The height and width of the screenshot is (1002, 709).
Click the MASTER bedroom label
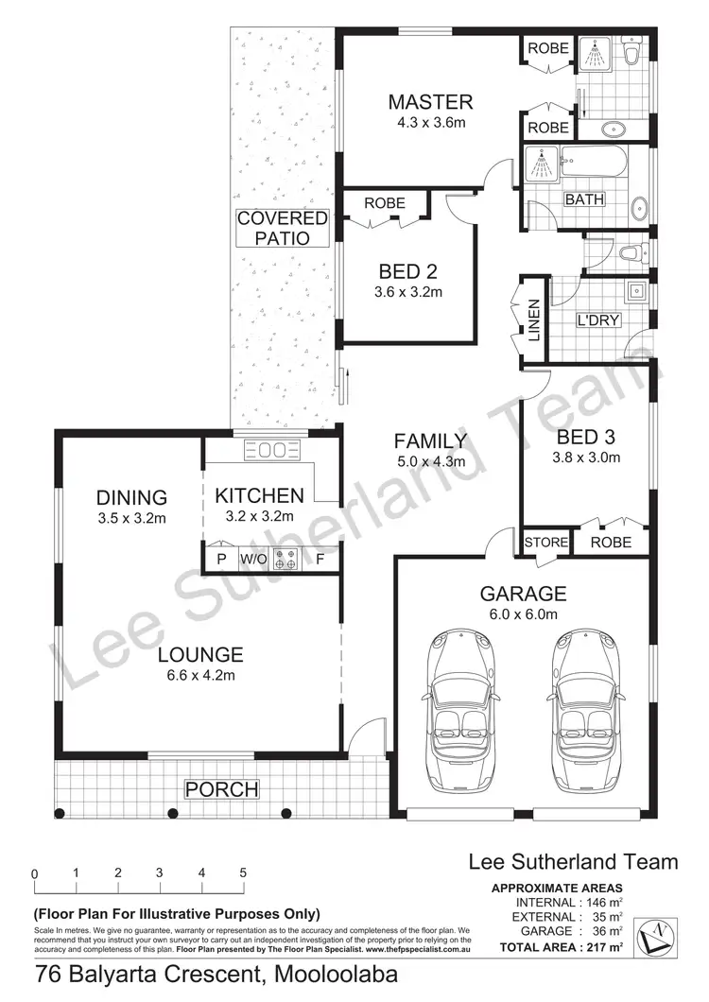430,102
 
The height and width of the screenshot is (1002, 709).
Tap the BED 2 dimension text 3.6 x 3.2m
407,292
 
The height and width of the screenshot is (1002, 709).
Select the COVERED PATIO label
282,228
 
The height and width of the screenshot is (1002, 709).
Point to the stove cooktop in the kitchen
285,560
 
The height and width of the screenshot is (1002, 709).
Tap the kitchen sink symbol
272,450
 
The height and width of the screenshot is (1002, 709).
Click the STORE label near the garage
546,543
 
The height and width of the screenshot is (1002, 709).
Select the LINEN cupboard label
533,319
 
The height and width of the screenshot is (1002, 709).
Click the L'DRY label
598,320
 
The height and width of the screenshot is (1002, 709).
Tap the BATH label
584,199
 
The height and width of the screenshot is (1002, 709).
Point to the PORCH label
221,788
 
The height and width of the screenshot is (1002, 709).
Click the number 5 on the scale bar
243,873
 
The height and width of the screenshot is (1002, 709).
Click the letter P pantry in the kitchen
222,560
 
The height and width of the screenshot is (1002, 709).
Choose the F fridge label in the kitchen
320,560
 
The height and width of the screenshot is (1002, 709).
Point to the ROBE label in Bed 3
610,543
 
